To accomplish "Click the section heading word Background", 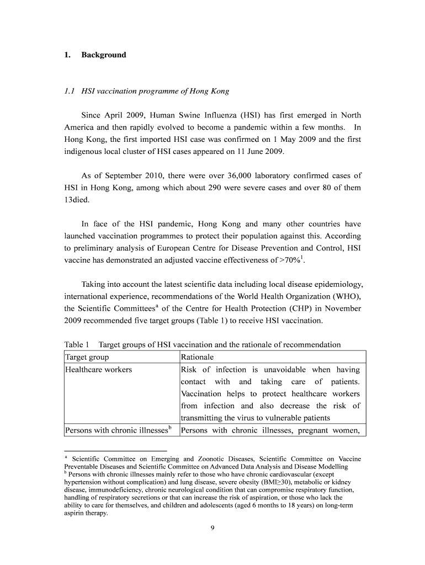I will pos(104,55).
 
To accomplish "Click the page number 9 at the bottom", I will pos(212,528).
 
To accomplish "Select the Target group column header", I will pos(87,357).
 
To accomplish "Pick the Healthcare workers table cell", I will pos(98,370).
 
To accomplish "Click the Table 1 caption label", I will pos(77,345).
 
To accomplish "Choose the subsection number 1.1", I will pos(70,91).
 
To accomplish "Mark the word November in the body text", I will pos(342,309).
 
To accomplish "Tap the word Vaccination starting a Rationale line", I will pos(201,394).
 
